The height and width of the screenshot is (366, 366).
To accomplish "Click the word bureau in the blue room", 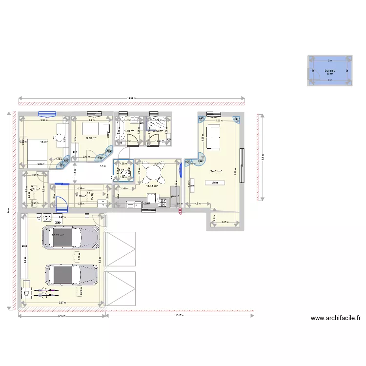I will (330, 71).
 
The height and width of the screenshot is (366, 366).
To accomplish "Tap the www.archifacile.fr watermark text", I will (336, 319).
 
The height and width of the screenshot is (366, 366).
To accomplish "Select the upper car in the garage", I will (71, 237).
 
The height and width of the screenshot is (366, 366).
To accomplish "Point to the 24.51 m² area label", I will (216, 171).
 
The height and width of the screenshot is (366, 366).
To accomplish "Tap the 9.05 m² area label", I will (91, 138).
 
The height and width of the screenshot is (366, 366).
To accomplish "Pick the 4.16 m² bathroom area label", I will (129, 131).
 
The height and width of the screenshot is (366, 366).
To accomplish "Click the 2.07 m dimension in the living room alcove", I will (224, 223).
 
